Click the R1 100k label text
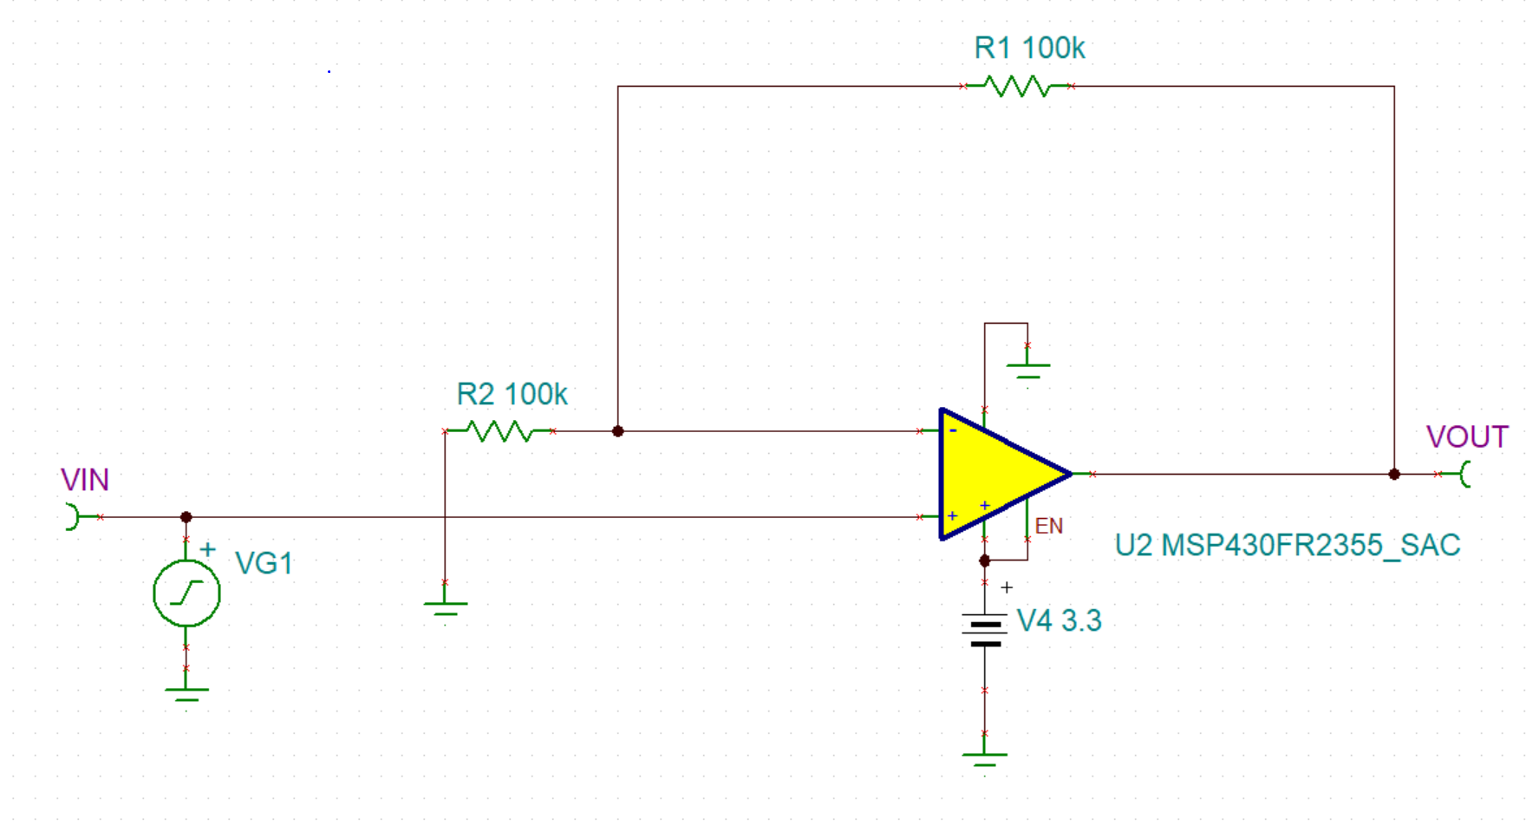[1029, 49]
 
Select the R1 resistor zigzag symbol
[1018, 86]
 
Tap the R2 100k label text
[512, 395]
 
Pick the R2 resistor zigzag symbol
[499, 431]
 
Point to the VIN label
[85, 480]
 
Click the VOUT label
[1467, 436]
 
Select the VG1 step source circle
[186, 593]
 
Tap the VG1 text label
[264, 564]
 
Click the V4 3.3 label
[1059, 621]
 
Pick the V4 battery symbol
[984, 631]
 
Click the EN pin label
[1048, 526]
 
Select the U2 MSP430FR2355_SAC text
[1287, 546]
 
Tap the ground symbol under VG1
[186, 693]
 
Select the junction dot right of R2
[617, 431]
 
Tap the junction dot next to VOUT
[1394, 475]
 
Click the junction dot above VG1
[186, 517]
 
